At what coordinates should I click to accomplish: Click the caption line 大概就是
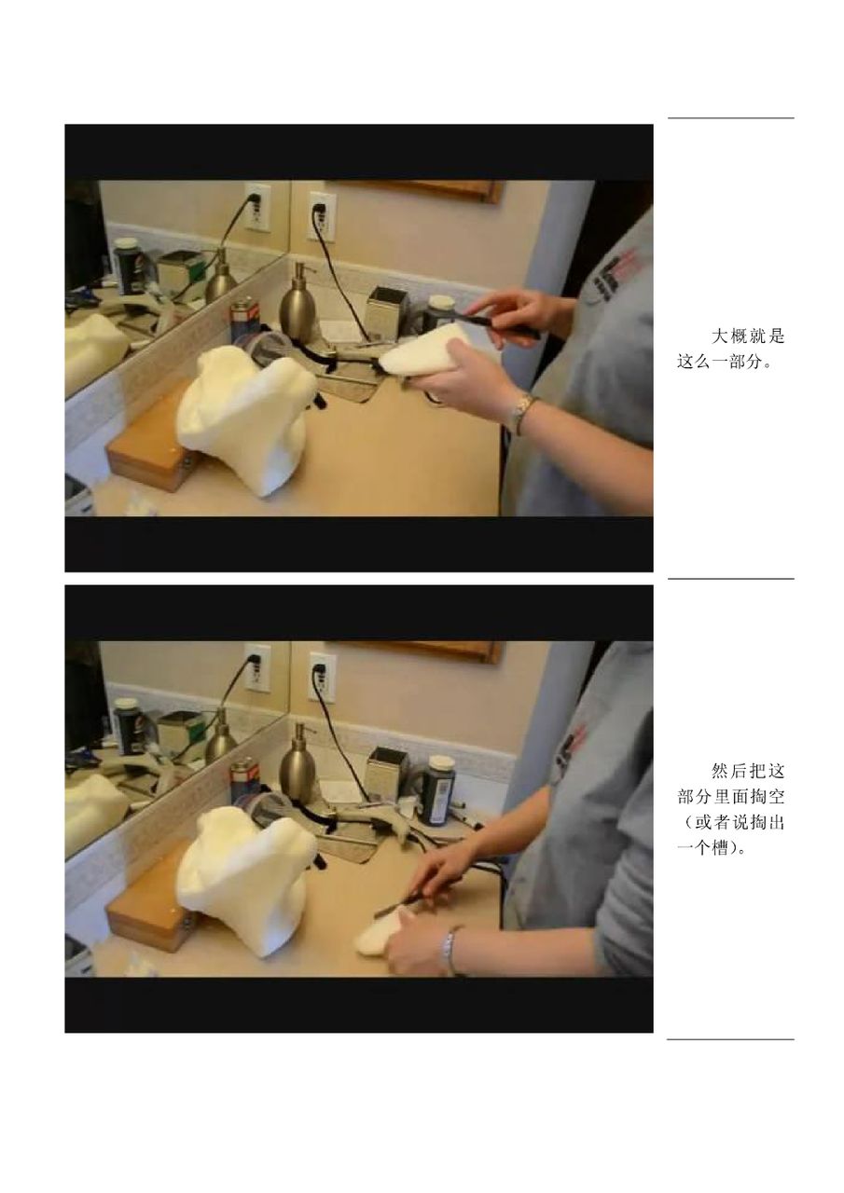[x=748, y=336]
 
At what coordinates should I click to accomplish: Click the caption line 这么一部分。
[x=726, y=362]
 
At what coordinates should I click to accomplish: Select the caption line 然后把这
[x=748, y=770]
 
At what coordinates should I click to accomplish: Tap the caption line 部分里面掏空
[x=730, y=796]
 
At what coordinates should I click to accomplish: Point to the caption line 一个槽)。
[x=711, y=848]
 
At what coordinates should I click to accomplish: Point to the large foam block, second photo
[x=245, y=879]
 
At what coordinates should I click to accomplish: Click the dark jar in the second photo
[x=438, y=788]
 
